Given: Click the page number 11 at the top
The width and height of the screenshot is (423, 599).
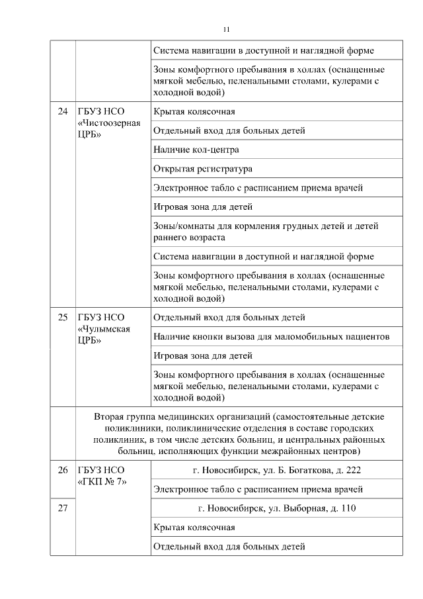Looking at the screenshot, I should (227, 29).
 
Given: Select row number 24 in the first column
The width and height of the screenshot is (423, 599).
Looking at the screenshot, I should (63, 111).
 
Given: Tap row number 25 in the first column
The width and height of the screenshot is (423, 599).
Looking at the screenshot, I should (63, 318).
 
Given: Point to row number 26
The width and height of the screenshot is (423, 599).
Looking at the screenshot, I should (63, 471).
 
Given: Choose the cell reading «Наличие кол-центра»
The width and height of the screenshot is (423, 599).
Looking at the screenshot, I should (196, 150).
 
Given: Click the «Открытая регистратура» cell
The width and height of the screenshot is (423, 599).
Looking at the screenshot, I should (202, 169).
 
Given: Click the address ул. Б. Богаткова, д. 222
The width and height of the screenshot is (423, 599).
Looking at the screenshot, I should (276, 470).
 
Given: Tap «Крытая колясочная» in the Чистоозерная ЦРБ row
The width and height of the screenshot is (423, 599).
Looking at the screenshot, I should (194, 111).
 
